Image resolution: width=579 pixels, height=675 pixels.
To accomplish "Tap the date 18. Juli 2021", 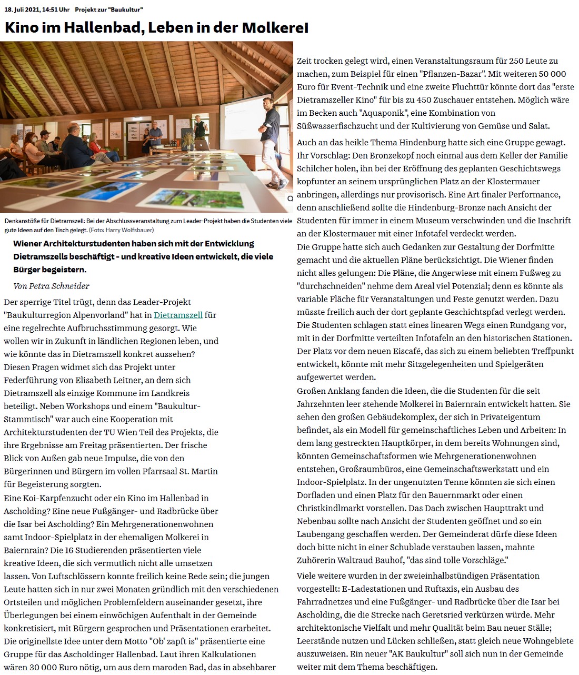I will [22, 10].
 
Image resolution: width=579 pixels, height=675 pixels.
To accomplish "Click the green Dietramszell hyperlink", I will [178, 315].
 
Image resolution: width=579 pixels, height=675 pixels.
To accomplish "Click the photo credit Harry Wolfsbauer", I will [129, 230].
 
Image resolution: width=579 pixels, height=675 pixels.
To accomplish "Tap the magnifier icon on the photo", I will [290, 199].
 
